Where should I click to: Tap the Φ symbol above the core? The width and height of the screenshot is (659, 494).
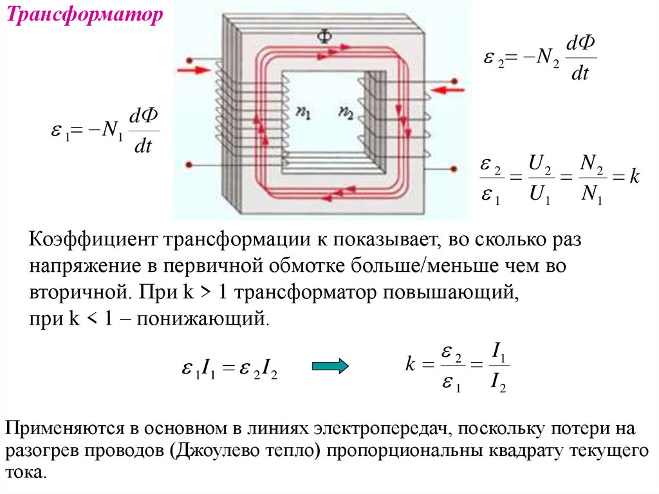pos(324,37)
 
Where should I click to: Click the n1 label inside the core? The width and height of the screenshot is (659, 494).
pos(303,112)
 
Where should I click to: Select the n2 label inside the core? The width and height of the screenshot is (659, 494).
pos(346,112)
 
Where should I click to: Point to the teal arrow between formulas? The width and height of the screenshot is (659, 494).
pos(329,366)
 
